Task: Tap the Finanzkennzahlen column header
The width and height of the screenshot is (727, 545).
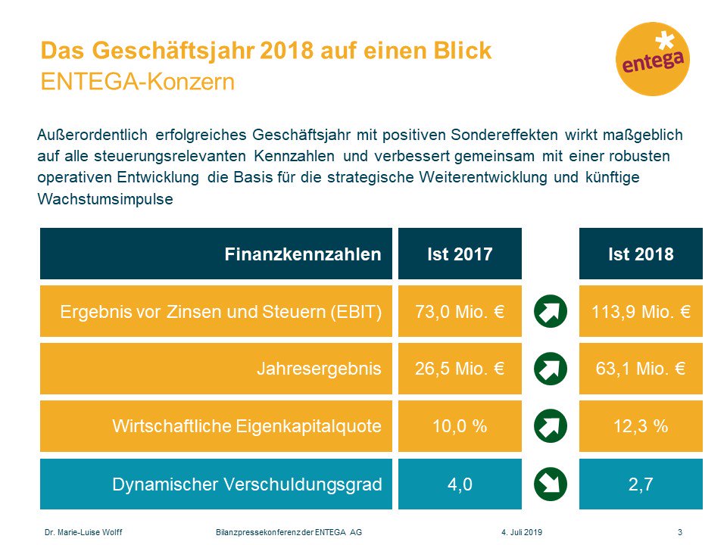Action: point(217,254)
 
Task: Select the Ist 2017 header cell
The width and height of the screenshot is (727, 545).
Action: point(460,254)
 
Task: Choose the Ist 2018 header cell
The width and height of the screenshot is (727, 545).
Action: point(641,254)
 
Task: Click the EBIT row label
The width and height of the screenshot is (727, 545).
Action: point(217,311)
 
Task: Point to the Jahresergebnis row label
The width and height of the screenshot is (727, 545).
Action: point(217,369)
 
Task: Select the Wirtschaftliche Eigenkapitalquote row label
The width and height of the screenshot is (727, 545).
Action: point(217,426)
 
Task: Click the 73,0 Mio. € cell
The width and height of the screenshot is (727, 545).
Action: point(460,311)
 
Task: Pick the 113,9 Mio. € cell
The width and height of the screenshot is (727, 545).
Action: point(641,311)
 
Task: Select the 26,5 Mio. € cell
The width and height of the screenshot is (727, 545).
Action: point(460,369)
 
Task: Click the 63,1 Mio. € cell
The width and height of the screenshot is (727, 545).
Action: point(641,369)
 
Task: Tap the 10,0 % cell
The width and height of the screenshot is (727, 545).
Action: point(460,426)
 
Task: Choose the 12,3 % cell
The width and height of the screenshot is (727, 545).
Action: point(641,426)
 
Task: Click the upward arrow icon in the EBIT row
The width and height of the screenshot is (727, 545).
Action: point(551,311)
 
